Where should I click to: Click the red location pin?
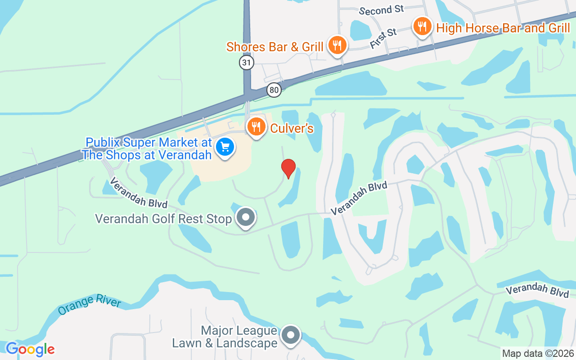(288, 168)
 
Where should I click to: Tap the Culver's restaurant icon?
(256, 127)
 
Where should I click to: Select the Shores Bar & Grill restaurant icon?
(336, 45)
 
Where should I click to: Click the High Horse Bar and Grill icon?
(422, 27)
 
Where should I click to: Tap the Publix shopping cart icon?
(225, 147)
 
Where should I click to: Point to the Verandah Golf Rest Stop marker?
(246, 218)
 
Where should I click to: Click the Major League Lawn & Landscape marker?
(291, 335)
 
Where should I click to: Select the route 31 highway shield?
(247, 62)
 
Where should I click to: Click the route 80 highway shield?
(274, 90)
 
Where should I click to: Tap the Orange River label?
(90, 306)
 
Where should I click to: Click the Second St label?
(382, 9)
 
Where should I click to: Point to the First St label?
(383, 38)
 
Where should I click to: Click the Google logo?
(30, 349)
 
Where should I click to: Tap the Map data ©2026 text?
(537, 353)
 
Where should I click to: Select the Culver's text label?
(292, 129)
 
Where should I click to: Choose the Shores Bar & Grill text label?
(274, 47)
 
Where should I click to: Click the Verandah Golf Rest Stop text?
(163, 219)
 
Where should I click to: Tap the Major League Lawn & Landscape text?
(225, 337)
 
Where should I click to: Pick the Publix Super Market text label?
(148, 148)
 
